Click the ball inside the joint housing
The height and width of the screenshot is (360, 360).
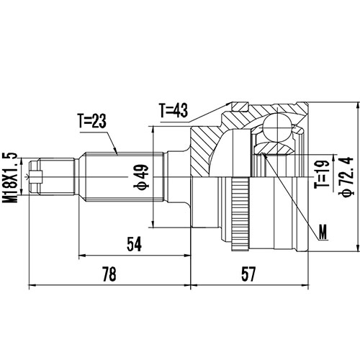276,130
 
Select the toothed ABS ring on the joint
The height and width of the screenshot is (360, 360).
240,216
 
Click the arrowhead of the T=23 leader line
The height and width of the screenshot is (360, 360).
117,153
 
